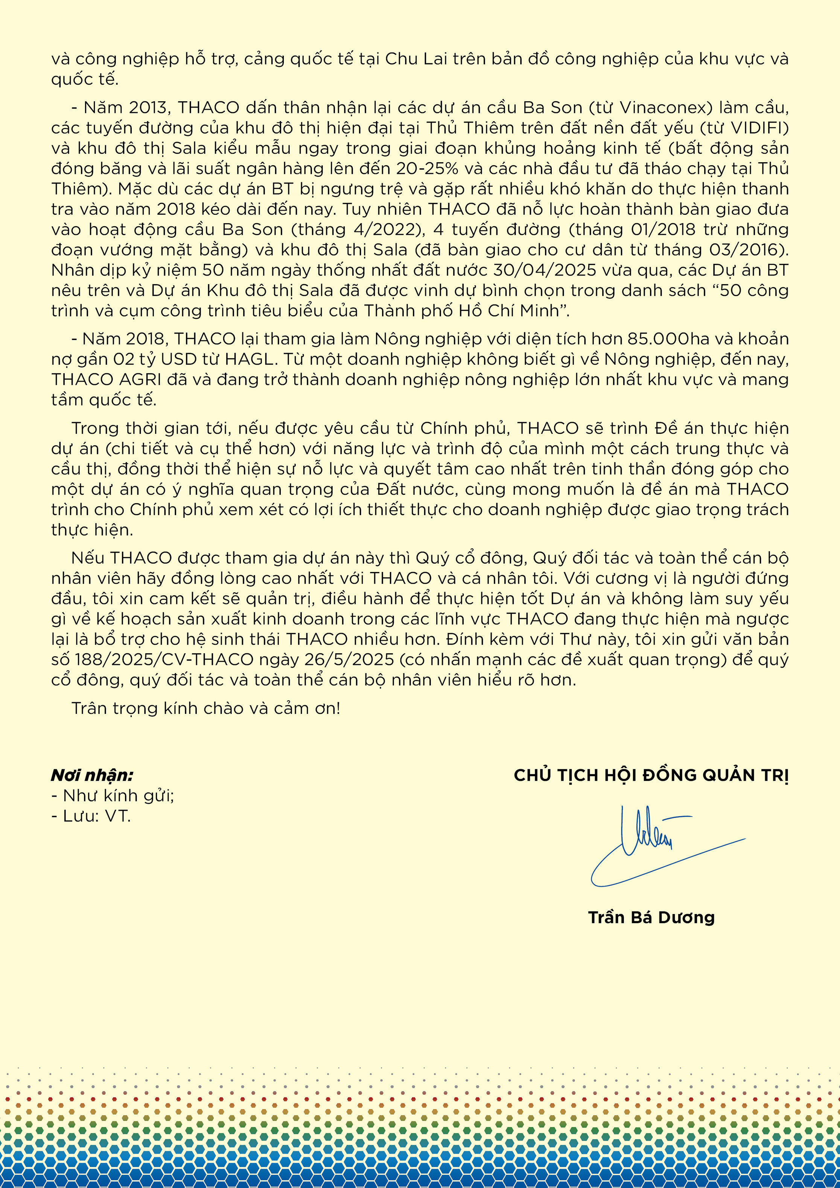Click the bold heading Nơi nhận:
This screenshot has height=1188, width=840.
coord(92,775)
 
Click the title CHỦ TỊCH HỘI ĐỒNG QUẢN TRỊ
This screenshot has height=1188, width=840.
coord(651,775)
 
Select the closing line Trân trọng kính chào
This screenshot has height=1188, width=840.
coord(206,708)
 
